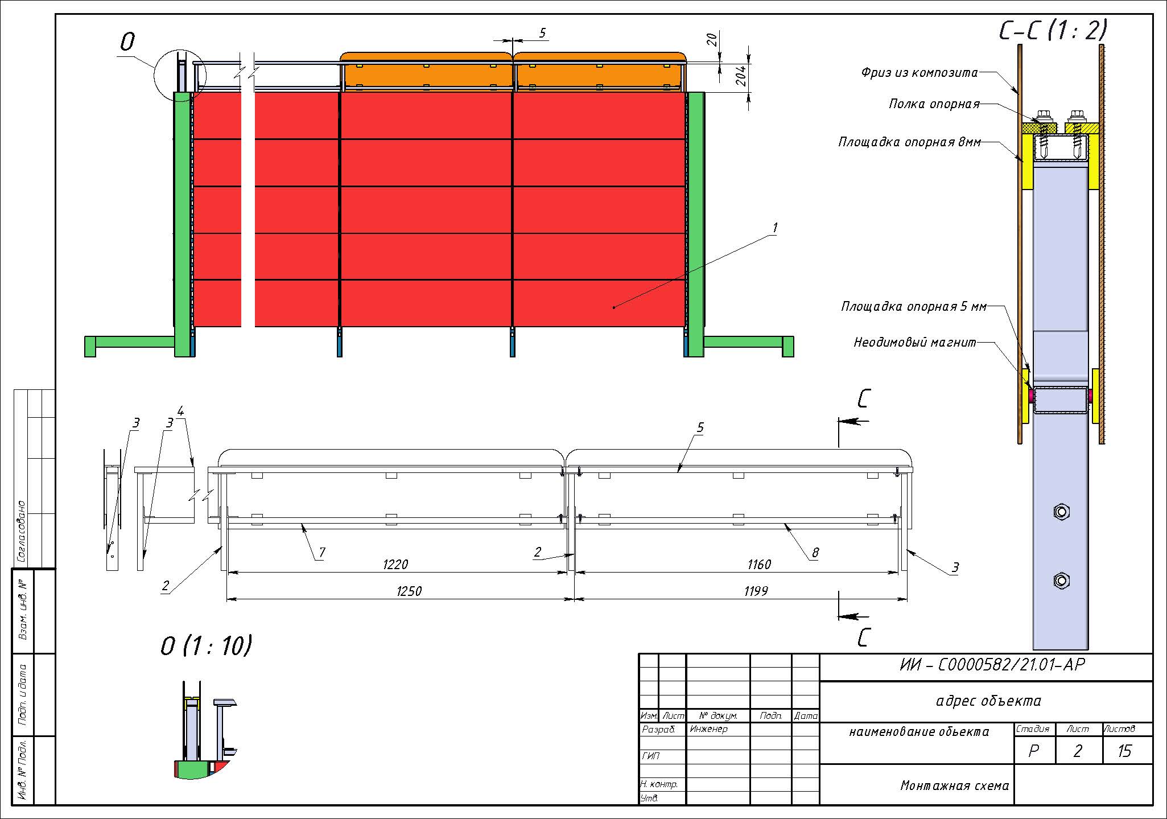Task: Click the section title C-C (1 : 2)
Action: (x=1053, y=30)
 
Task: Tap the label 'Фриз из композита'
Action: (x=919, y=73)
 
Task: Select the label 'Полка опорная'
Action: (x=934, y=104)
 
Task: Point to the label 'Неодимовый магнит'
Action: (x=915, y=343)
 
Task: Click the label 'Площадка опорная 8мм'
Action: (x=910, y=142)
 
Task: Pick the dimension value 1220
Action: (x=395, y=565)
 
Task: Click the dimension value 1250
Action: (x=409, y=591)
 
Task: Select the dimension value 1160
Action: (x=758, y=565)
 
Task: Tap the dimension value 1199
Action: (x=756, y=591)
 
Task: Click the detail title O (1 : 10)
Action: (x=207, y=646)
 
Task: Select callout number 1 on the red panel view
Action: (x=774, y=228)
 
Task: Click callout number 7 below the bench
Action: (x=322, y=552)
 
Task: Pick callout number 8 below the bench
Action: (x=815, y=552)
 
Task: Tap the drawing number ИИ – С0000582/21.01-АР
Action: (x=992, y=665)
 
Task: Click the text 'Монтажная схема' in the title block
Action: (x=955, y=786)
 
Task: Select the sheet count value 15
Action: (x=1124, y=751)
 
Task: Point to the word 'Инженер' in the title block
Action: (x=708, y=729)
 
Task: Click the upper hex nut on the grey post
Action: (x=1061, y=511)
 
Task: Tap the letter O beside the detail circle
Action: (x=127, y=42)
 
